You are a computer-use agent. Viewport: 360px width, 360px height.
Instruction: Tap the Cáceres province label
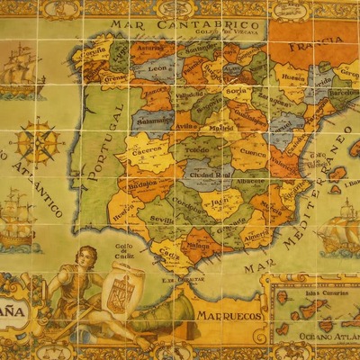coord(145,155)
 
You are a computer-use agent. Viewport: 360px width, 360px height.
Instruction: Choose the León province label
coord(157,68)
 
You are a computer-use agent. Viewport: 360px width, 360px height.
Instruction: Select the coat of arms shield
coord(121,291)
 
